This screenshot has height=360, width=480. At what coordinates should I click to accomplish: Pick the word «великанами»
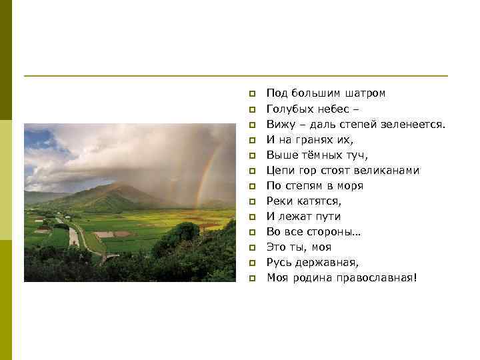(x=389, y=170)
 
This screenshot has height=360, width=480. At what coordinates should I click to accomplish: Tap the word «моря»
(x=350, y=185)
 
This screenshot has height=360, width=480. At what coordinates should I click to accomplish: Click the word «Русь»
(x=279, y=262)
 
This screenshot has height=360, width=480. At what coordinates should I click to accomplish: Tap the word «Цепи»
(x=280, y=170)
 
